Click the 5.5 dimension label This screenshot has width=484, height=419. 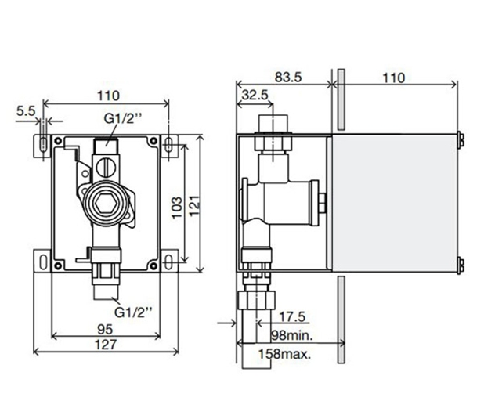[x=25, y=112]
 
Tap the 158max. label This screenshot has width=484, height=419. [x=287, y=353]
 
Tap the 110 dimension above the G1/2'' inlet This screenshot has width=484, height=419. [x=107, y=96]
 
